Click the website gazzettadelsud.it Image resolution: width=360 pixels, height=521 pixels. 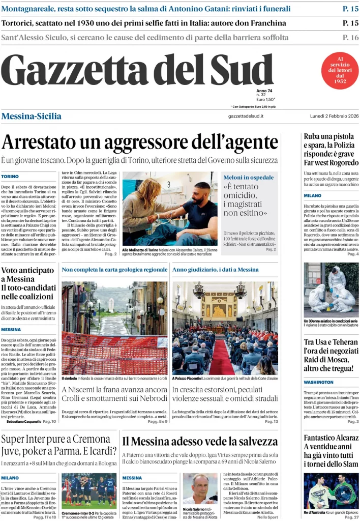246,117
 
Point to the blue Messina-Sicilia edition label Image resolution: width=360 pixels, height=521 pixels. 31,117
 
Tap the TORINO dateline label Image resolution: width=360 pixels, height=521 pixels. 10,177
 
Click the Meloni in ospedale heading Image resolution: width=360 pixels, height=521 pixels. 249,177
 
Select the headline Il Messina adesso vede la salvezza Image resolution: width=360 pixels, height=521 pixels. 199,442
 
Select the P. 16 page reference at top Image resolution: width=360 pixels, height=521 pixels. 350,37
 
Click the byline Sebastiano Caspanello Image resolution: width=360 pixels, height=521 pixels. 24,422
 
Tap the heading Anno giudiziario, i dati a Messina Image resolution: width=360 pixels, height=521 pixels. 216,270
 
